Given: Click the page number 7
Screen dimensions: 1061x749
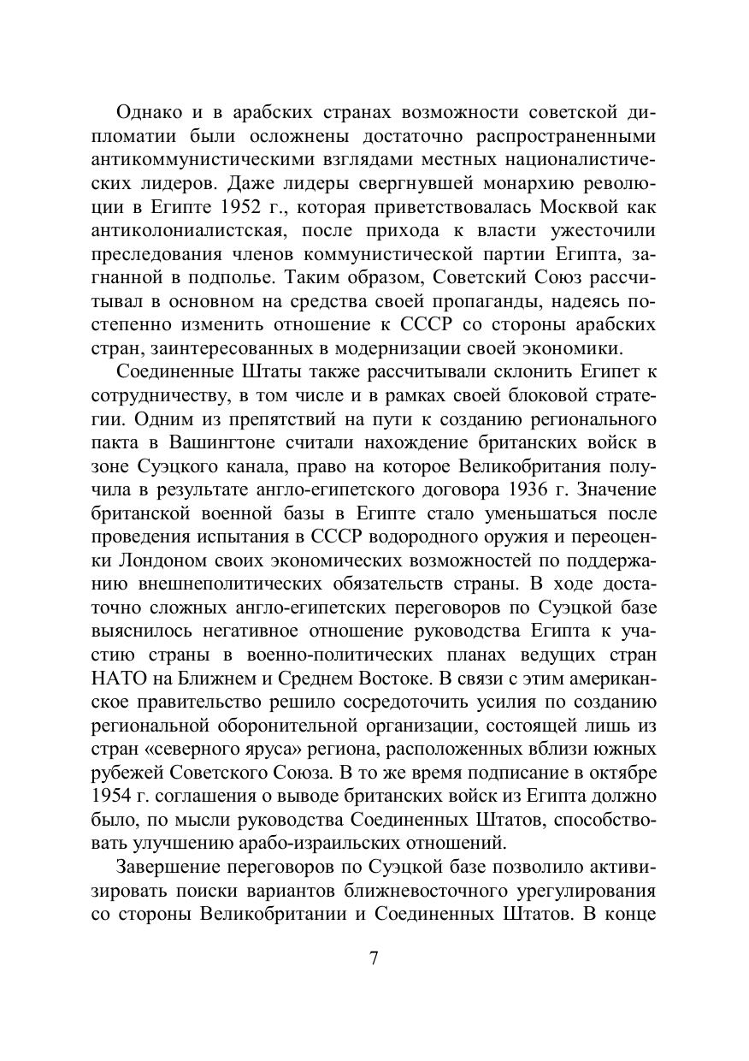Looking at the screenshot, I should click(x=374, y=957).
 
